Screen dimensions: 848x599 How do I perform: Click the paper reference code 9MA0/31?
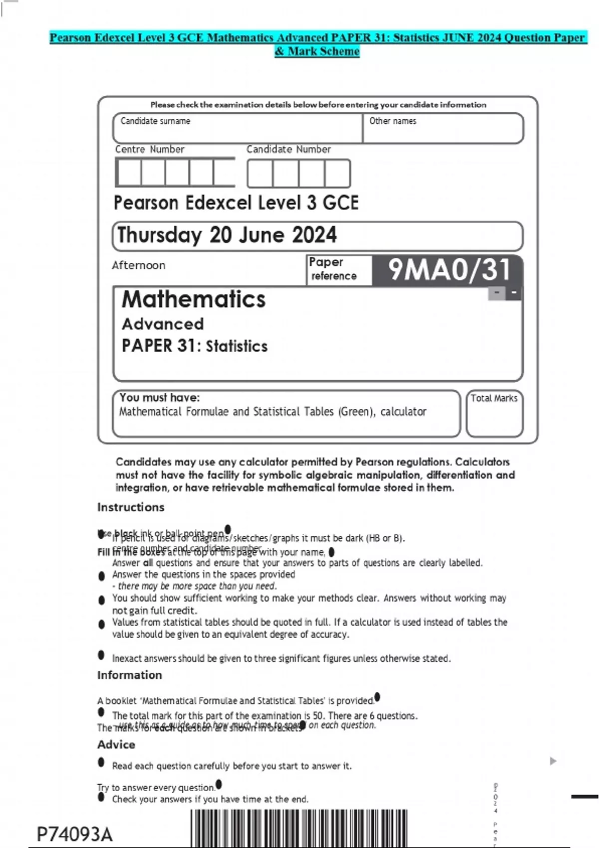449,270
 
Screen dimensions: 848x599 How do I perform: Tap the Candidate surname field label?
155,121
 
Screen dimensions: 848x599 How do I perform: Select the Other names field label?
392,121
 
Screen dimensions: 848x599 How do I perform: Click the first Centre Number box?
129,173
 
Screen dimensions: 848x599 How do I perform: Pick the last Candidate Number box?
337,174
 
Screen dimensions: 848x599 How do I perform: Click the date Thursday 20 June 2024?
227,235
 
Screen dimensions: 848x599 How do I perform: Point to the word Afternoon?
138,265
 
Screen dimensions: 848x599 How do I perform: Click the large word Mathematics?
194,299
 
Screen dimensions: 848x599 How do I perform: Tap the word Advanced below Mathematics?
163,324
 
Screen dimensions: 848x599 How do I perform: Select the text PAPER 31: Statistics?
195,346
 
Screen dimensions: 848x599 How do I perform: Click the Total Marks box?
494,414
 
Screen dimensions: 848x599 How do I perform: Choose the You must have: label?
159,398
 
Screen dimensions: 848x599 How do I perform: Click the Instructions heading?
131,507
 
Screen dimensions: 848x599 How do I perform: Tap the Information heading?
129,675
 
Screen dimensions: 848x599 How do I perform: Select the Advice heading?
116,744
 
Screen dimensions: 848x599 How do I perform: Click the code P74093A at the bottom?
75,835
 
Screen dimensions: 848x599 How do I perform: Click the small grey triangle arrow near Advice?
553,761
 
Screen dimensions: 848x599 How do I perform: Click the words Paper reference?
333,269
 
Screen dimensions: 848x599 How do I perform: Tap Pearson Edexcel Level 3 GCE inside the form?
236,203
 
